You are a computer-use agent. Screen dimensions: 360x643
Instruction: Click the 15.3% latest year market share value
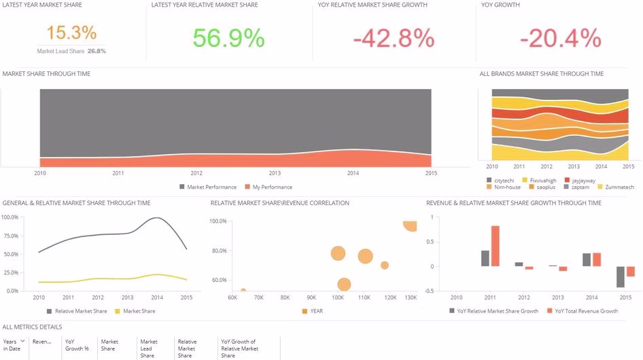[x=71, y=33]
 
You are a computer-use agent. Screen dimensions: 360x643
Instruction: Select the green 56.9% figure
[x=228, y=38]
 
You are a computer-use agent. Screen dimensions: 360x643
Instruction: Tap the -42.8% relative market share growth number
[x=394, y=39]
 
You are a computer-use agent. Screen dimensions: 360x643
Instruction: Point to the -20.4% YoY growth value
[x=559, y=39]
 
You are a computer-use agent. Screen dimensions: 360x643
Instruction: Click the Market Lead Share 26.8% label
[x=71, y=51]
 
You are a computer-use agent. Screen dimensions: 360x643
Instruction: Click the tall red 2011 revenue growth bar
[x=495, y=246]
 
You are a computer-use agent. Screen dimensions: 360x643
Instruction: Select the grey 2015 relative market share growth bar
[x=621, y=276]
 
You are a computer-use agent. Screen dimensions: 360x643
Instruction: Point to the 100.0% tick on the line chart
[x=10, y=217]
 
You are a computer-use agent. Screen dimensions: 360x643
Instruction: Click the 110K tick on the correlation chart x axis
[x=364, y=298]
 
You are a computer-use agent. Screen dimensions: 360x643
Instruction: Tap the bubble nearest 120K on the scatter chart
[x=385, y=265]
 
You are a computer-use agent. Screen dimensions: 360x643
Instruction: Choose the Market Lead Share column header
[x=148, y=348]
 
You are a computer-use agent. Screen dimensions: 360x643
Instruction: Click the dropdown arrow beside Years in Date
[x=22, y=342]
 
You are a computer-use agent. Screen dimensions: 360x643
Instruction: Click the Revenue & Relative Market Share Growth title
[x=513, y=203]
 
